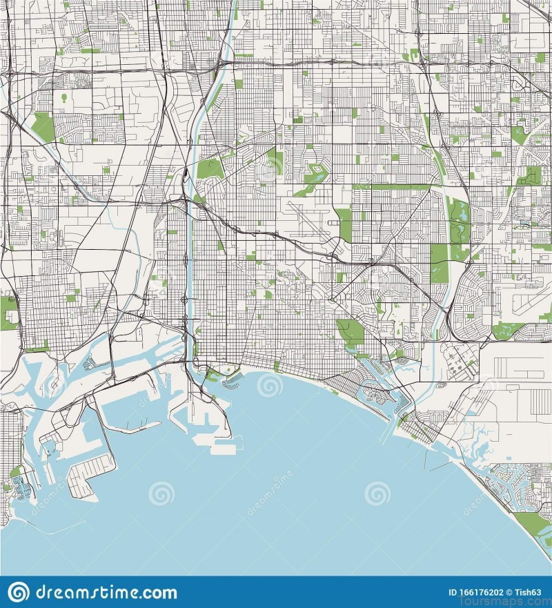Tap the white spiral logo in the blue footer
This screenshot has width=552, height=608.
click(19, 592)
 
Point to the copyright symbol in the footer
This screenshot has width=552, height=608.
click(507, 592)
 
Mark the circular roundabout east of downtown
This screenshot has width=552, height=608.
click(332, 300)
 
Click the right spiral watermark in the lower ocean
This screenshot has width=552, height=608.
click(377, 493)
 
